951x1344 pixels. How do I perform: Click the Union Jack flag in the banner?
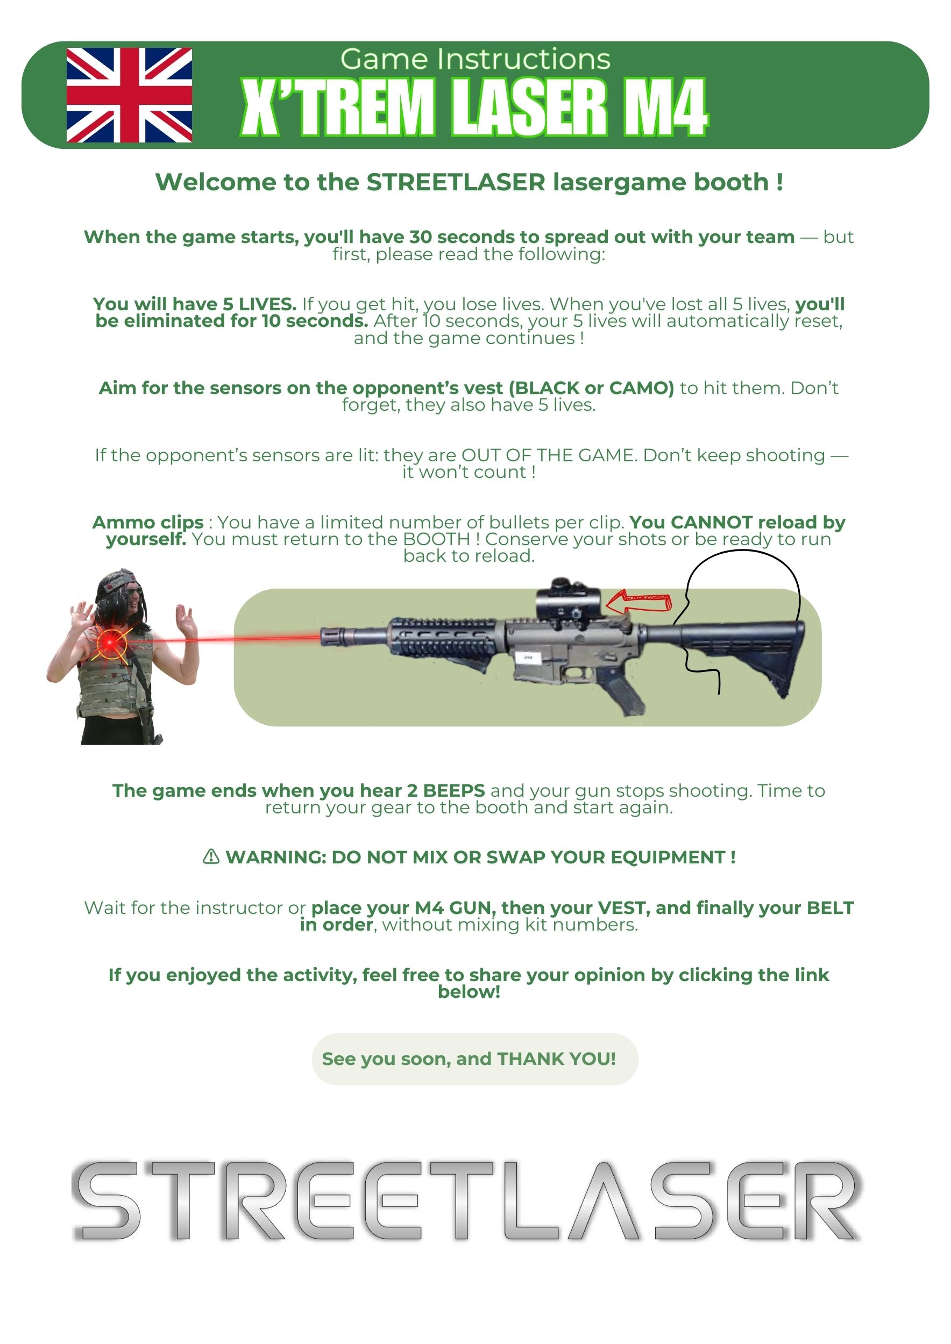coord(129,95)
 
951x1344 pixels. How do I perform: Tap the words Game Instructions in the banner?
coord(475,59)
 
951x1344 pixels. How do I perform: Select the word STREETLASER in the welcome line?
coord(456,182)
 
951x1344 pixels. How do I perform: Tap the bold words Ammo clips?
coord(148,522)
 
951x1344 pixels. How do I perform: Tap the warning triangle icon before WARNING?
coord(211,856)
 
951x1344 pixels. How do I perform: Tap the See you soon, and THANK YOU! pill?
coord(475,1059)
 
